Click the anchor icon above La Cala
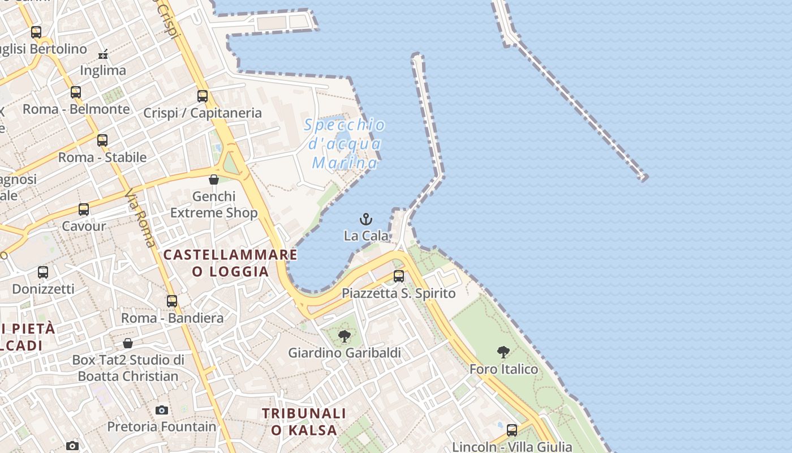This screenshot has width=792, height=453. click(367, 219)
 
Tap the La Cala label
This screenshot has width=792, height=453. click(367, 236)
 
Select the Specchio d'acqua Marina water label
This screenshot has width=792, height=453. click(345, 144)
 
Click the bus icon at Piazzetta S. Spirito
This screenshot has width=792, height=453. click(399, 276)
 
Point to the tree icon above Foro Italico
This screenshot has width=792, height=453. click(503, 352)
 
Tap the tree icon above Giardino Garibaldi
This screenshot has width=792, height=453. click(344, 336)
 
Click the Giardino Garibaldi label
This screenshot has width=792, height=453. click(345, 353)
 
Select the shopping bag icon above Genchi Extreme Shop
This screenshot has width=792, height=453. click(214, 180)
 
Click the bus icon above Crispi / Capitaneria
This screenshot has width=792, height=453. click(203, 96)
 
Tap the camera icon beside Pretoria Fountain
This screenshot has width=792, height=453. click(162, 410)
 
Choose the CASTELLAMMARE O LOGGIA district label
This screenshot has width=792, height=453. click(230, 263)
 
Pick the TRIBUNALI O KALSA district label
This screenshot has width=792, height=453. click(304, 421)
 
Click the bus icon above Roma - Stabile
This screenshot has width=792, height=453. click(102, 140)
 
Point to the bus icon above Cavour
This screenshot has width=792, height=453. click(84, 210)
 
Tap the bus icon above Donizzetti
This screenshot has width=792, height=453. click(43, 272)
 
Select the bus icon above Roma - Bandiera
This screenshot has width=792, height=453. click(172, 301)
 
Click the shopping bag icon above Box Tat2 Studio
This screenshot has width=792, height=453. click(128, 343)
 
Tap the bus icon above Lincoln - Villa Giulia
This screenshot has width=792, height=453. click(512, 430)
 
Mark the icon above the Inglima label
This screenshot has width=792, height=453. click(103, 54)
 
